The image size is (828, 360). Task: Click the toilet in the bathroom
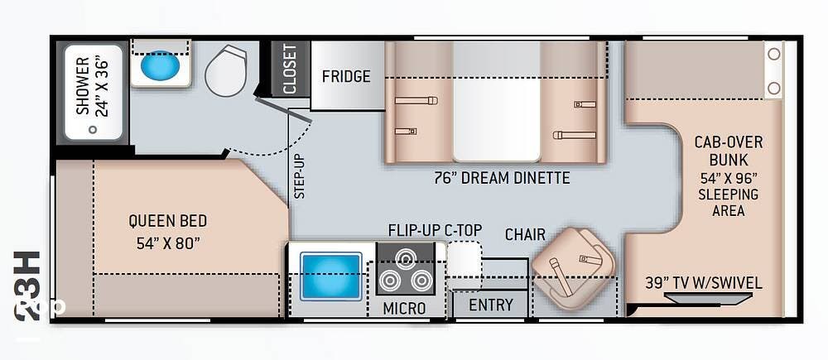(226, 70)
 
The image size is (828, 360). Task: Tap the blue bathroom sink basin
(160, 65)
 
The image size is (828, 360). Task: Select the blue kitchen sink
(331, 276)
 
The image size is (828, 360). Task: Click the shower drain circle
(93, 129)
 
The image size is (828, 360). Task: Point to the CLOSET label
(291, 69)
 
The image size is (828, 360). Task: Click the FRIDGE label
(346, 76)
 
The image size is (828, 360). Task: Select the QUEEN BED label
(168, 220)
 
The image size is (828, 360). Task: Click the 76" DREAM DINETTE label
(503, 177)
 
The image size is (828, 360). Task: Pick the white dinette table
(496, 101)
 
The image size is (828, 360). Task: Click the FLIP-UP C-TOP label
(436, 230)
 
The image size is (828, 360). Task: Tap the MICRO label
(405, 308)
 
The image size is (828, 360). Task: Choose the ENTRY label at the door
(490, 305)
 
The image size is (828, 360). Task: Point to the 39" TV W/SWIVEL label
(703, 283)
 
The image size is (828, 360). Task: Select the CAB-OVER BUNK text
(728, 151)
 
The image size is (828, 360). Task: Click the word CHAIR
(525, 234)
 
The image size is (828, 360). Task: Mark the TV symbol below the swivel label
(706, 298)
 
